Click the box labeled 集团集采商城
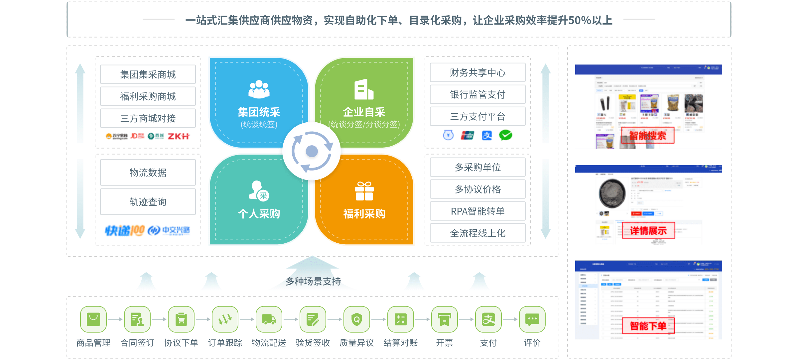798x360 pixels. click(x=148, y=74)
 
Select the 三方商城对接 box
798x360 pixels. click(x=148, y=118)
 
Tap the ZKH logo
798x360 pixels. click(x=179, y=136)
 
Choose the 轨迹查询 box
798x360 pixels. click(x=148, y=202)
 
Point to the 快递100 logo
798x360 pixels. click(x=125, y=230)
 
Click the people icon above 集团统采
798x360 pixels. click(x=259, y=89)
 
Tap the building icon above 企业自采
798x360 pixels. click(x=364, y=90)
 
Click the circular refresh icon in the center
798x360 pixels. click(x=312, y=151)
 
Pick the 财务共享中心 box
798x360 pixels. click(x=477, y=72)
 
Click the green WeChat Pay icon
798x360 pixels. click(x=505, y=135)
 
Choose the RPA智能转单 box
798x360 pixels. click(x=477, y=211)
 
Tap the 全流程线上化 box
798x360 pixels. click(x=477, y=233)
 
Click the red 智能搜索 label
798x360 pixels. click(x=648, y=136)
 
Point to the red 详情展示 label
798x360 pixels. click(x=648, y=231)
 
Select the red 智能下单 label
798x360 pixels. click(x=648, y=326)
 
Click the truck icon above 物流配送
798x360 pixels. click(x=269, y=319)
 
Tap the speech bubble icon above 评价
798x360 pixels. click(x=532, y=319)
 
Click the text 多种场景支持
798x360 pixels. click(x=313, y=282)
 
